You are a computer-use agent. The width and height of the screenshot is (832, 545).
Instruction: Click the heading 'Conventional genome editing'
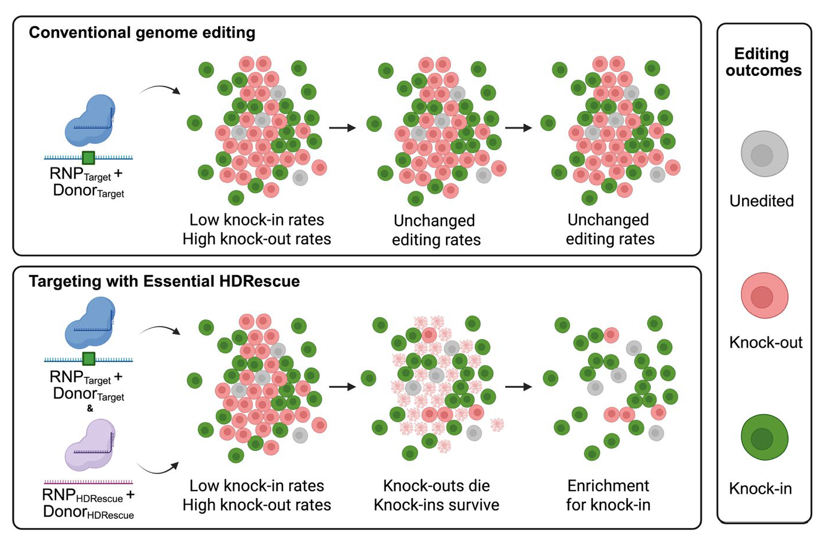pyautogui.click(x=142, y=33)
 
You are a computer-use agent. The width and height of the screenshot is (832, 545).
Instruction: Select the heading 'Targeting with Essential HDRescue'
pyautogui.click(x=164, y=282)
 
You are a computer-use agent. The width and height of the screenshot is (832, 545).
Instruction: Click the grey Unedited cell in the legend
pyautogui.click(x=764, y=154)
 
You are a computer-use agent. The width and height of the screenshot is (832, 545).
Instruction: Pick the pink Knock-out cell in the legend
pyautogui.click(x=764, y=296)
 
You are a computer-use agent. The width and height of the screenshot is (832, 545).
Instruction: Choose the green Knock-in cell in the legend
pyautogui.click(x=764, y=438)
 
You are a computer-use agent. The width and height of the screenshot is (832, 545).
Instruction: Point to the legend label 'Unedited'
pyautogui.click(x=761, y=201)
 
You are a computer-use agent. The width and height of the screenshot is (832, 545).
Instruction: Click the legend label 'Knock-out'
pyautogui.click(x=765, y=342)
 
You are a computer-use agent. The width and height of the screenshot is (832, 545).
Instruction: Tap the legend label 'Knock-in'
pyautogui.click(x=760, y=488)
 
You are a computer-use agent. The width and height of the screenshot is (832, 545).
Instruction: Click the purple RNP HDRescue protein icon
pyautogui.click(x=90, y=445)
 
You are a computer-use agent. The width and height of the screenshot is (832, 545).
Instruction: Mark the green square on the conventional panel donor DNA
pyautogui.click(x=88, y=158)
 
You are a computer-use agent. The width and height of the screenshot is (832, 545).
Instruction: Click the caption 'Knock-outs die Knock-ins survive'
pyautogui.click(x=436, y=495)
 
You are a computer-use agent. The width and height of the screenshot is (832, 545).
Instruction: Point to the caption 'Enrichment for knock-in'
pyautogui.click(x=608, y=495)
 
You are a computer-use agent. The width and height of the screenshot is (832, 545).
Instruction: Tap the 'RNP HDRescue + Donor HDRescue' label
pyautogui.click(x=88, y=504)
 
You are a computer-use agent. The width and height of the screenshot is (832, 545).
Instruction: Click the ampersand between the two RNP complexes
pyautogui.click(x=89, y=409)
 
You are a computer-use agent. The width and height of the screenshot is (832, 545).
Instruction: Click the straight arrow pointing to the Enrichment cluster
pyautogui.click(x=518, y=387)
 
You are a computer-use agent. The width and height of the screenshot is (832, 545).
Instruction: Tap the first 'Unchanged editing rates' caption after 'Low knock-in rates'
pyautogui.click(x=436, y=230)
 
